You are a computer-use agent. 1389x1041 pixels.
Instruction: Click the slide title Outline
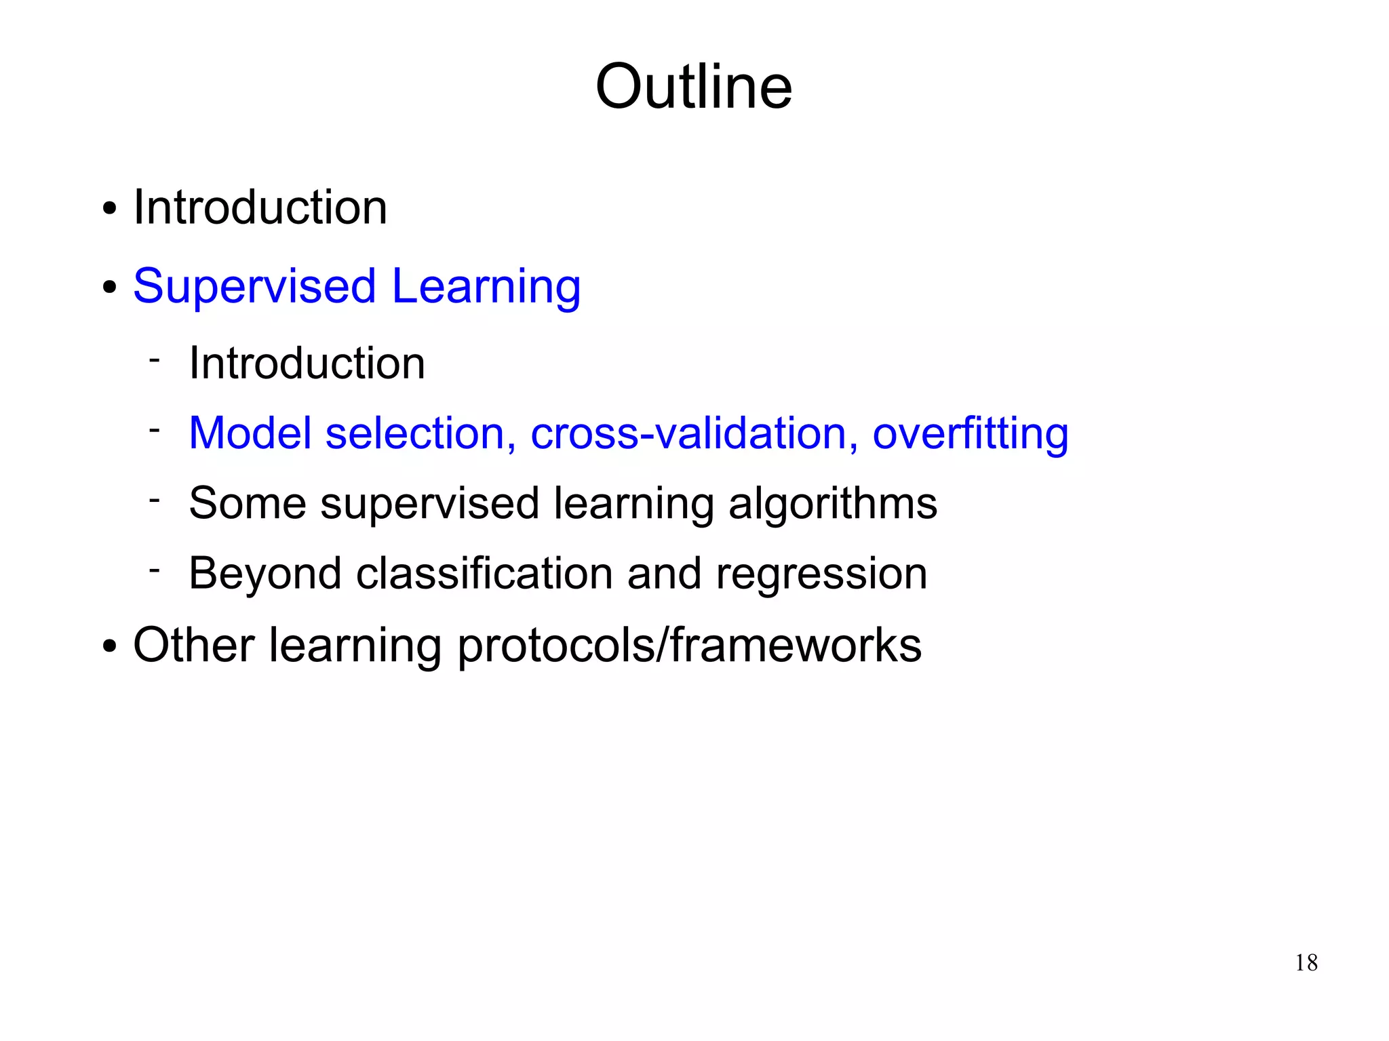[x=693, y=87]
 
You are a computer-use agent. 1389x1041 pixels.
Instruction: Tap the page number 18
[x=1306, y=962]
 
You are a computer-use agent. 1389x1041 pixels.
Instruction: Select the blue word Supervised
[x=254, y=286]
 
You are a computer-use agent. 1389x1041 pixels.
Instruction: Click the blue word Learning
[x=486, y=286]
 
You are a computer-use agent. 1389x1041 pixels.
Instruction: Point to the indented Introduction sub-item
[x=307, y=363]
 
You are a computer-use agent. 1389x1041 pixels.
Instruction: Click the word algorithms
[x=832, y=504]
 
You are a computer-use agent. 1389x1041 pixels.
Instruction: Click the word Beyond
[x=265, y=574]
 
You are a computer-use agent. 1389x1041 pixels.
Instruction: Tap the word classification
[x=484, y=574]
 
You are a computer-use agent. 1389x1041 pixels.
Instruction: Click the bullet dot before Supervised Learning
[x=109, y=288]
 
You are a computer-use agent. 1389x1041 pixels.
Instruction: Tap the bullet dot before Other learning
[x=109, y=646]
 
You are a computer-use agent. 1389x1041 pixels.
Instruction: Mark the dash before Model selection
[x=155, y=429]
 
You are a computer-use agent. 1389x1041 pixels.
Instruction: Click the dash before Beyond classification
[x=155, y=570]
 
